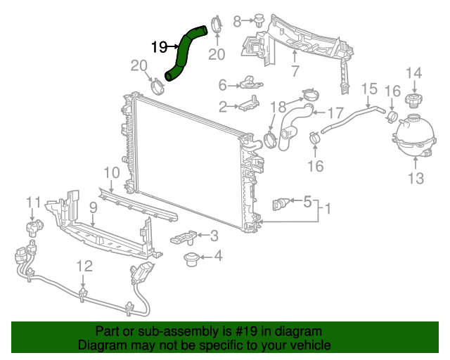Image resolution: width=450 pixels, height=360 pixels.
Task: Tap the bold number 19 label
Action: [159, 47]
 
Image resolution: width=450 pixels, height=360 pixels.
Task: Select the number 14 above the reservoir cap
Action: [413, 72]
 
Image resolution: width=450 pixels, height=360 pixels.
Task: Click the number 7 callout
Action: [295, 71]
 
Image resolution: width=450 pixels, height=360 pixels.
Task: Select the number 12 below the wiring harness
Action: [84, 266]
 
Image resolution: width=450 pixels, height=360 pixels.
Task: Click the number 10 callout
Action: [112, 172]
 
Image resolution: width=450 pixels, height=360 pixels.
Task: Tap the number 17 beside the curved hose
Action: [335, 112]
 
